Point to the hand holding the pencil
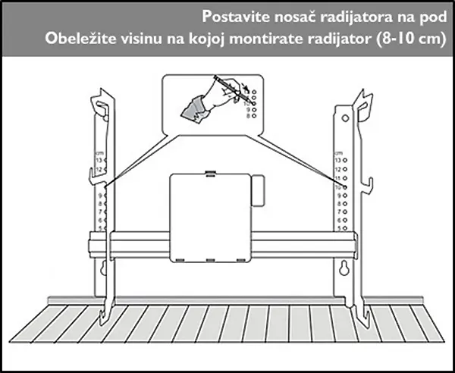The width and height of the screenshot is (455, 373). (x=199, y=103)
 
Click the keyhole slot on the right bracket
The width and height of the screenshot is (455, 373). (x=344, y=268)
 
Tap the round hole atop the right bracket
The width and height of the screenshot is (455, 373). (x=344, y=118)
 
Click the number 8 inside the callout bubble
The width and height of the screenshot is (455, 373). (x=246, y=118)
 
